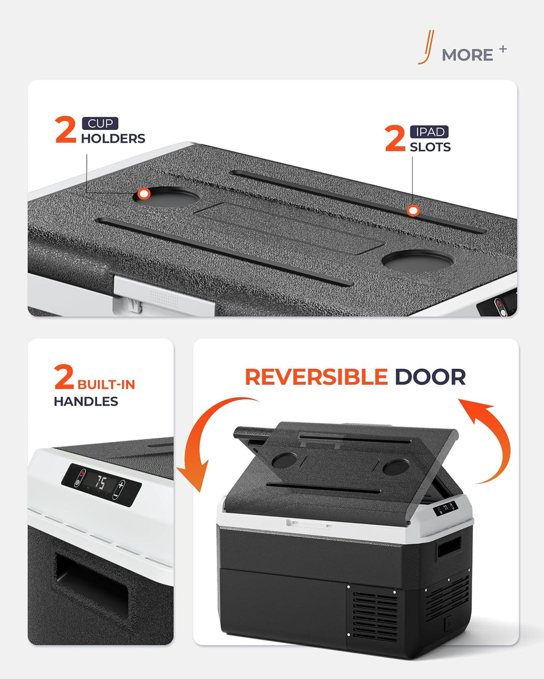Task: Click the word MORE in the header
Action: pos(467,55)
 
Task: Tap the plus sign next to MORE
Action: pos(503,49)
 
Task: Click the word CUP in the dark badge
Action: pos(100,124)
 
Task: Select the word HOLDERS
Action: pos(113,138)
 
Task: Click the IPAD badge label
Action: pos(429,132)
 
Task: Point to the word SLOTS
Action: pos(430,147)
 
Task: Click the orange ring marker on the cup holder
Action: pos(144,194)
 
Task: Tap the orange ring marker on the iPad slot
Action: pos(413,211)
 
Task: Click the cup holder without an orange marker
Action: pos(418,261)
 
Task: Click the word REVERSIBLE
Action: pos(317,377)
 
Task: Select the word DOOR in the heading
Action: pos(430,377)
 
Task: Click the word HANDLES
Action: pos(86,402)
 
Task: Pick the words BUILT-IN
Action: pos(106,385)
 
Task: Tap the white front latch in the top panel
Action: pos(164,295)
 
